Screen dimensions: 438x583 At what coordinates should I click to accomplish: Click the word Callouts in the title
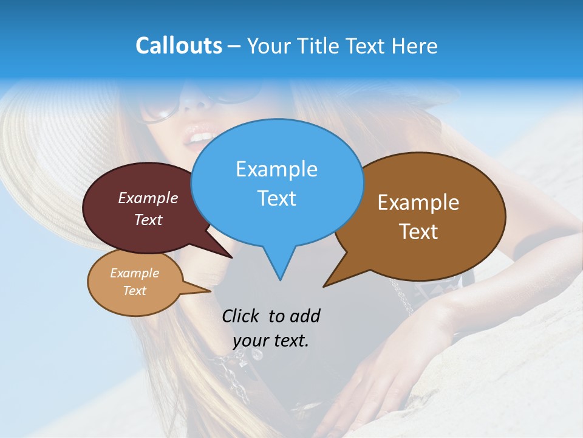[x=179, y=46]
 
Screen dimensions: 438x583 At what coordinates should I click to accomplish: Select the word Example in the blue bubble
[x=277, y=169]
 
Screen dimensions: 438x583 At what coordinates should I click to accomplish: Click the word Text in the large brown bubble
[x=418, y=232]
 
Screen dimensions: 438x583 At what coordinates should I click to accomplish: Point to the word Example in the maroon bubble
[x=148, y=198]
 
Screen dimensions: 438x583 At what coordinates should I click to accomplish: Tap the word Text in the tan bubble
[x=135, y=291]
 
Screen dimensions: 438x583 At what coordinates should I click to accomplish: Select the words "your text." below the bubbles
[x=271, y=341]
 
